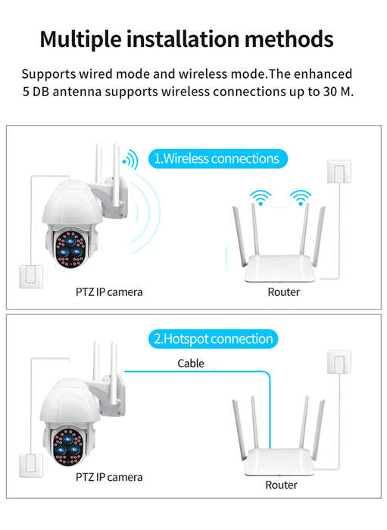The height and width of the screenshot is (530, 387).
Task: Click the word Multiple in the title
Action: tap(80, 40)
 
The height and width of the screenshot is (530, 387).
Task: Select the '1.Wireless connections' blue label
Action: tap(218, 158)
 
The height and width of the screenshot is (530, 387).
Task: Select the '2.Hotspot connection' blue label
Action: tap(214, 338)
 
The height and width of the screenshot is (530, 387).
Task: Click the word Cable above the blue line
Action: tap(191, 363)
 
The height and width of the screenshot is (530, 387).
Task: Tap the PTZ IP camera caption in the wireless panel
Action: tap(109, 292)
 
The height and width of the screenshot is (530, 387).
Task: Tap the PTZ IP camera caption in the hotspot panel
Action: tap(109, 477)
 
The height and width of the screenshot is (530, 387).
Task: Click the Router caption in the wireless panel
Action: tap(283, 292)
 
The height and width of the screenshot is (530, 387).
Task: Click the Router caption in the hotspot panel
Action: tap(281, 485)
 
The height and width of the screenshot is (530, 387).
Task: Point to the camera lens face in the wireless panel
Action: tap(70, 249)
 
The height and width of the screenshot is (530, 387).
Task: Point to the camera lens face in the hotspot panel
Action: tap(68, 447)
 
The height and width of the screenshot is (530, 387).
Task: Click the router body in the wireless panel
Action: tap(280, 269)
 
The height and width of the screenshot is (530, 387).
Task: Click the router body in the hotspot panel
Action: tap(279, 462)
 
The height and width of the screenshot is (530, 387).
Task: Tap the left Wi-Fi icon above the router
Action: tap(261, 198)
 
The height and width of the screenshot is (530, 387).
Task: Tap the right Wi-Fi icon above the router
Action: tap(301, 198)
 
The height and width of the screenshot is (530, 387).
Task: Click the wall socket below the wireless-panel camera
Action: tap(31, 277)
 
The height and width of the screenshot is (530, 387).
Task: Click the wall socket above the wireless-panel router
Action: tap(339, 172)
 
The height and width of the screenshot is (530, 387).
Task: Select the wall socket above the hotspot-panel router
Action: tap(339, 362)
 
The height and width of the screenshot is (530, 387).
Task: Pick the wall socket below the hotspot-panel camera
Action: tap(31, 466)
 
